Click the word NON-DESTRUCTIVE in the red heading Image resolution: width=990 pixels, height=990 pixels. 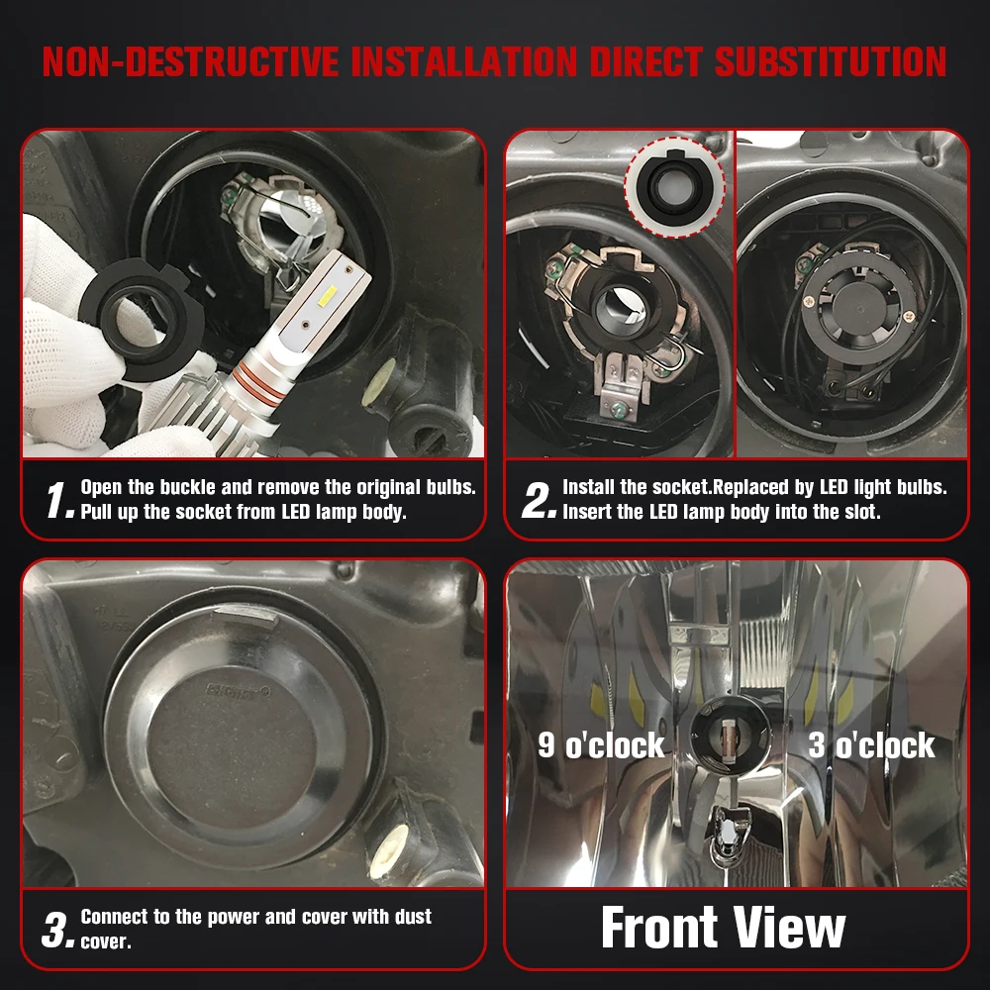click(x=191, y=61)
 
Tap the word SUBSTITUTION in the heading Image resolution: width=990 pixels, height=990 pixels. click(x=831, y=61)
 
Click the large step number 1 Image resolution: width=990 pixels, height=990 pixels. click(x=60, y=500)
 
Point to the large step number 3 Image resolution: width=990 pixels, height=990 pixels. click(x=58, y=930)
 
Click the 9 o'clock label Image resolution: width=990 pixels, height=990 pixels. click(x=601, y=745)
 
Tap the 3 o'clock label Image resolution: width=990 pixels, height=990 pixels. click(x=871, y=745)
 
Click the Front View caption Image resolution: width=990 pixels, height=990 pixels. click(x=723, y=928)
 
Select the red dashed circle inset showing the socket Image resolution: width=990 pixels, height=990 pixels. click(x=674, y=187)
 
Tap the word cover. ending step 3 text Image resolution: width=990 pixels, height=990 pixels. click(x=106, y=942)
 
